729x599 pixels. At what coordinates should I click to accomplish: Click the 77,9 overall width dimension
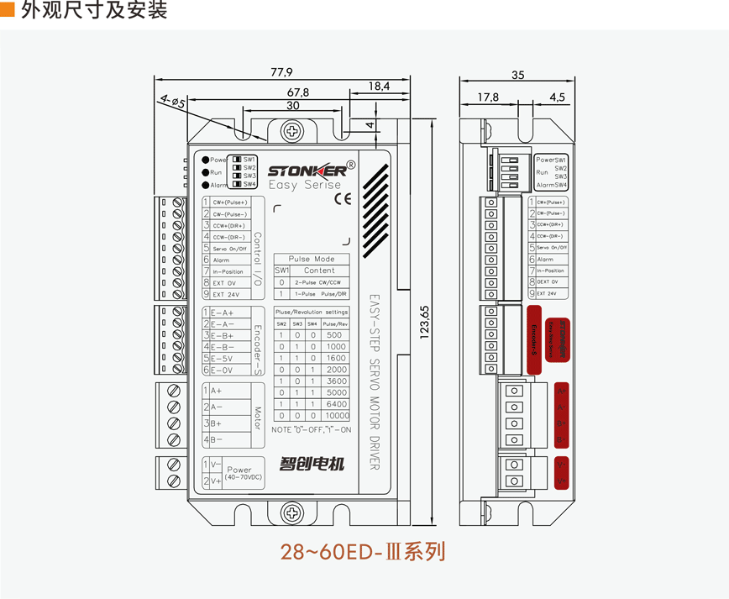tap(281, 71)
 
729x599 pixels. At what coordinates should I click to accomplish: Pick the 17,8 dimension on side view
tap(488, 97)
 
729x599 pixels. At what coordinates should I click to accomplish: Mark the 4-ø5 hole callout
tap(173, 102)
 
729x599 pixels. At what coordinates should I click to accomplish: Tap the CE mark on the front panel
tap(343, 199)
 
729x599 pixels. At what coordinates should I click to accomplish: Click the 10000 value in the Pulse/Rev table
tap(336, 415)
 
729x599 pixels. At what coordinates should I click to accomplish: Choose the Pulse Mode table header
tap(312, 260)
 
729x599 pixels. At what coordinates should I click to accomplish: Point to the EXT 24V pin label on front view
tap(226, 295)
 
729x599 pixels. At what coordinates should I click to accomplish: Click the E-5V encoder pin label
tap(223, 359)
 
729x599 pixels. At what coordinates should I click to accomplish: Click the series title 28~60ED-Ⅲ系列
tap(362, 552)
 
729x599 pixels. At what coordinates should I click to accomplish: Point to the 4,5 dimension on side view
tap(557, 97)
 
